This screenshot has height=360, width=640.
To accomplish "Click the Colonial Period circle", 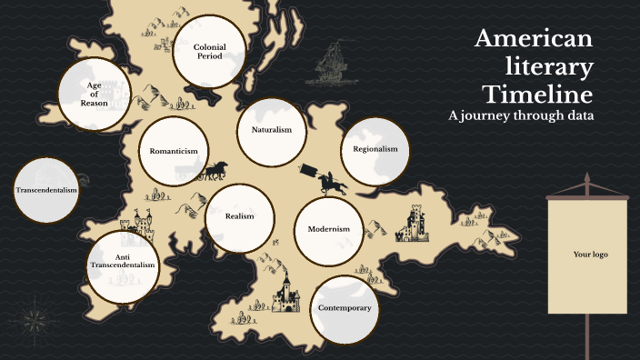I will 209,51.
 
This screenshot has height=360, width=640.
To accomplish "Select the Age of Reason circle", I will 94,94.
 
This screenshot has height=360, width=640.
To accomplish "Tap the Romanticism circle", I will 175,152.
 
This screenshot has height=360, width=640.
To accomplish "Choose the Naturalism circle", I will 271,131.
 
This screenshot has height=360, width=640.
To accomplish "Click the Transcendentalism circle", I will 46,191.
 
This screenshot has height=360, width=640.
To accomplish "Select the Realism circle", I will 239,216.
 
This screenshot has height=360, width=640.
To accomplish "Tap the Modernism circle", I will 329,229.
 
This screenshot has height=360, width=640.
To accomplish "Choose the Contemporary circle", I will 345,308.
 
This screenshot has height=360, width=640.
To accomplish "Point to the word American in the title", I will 534,39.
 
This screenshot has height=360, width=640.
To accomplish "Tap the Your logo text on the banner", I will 589,255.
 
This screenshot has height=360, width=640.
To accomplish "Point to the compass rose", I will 35,317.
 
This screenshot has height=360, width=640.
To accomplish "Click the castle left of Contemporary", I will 285,294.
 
